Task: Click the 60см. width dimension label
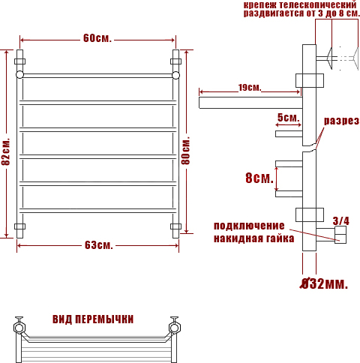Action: (x=97, y=38)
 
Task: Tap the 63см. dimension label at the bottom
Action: (x=99, y=245)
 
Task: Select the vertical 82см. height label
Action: (x=6, y=151)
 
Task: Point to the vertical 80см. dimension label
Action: (x=186, y=150)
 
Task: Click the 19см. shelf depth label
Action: (x=250, y=88)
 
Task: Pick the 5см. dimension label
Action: (x=288, y=118)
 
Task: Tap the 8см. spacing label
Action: (x=259, y=178)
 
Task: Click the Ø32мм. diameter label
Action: (x=324, y=283)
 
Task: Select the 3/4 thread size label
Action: (x=341, y=220)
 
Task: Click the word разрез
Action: (x=341, y=121)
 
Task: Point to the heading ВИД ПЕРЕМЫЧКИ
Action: (x=93, y=319)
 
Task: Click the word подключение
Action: (x=249, y=226)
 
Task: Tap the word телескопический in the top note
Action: (x=318, y=4)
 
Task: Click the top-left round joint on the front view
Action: (x=19, y=74)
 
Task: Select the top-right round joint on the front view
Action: (x=175, y=75)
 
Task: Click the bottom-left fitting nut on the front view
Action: (x=19, y=226)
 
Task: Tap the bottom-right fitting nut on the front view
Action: (x=175, y=226)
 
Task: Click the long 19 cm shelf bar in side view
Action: (x=250, y=103)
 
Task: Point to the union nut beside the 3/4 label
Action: (x=340, y=235)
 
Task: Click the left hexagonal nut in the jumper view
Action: (x=19, y=328)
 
